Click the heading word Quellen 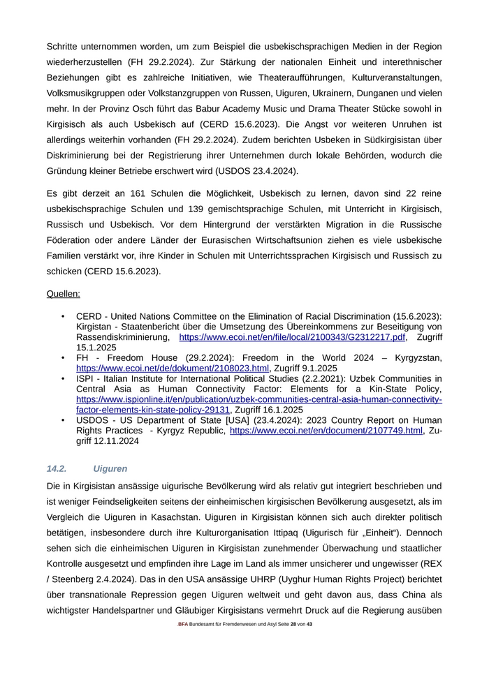pyautogui.click(x=63, y=294)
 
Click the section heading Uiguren pyautogui.click(x=110, y=468)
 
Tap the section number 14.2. pyautogui.click(x=56, y=468)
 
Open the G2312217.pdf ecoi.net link pyautogui.click(x=293, y=337)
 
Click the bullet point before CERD pyautogui.click(x=63, y=316)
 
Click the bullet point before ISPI pyautogui.click(x=63, y=379)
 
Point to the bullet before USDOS pyautogui.click(x=63, y=420)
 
